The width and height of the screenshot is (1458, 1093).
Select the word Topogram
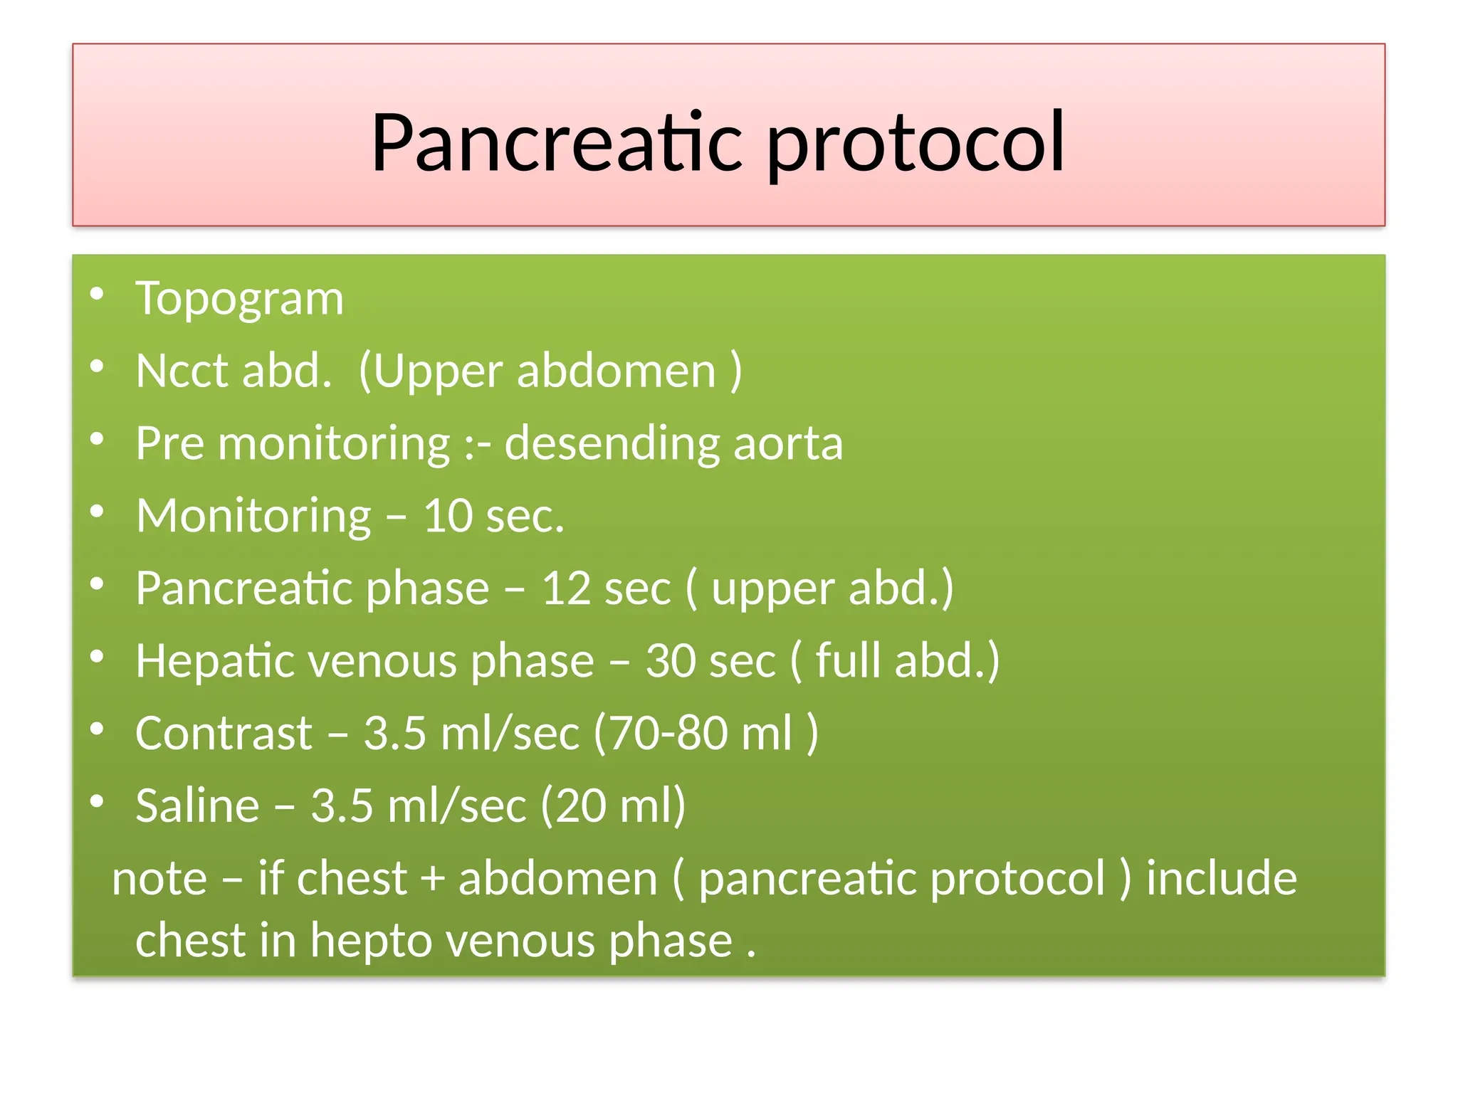coord(239,299)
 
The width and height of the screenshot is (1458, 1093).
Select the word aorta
coord(788,444)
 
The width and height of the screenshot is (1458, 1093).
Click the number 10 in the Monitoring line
coord(447,516)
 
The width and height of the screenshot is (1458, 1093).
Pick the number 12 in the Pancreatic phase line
coord(566,589)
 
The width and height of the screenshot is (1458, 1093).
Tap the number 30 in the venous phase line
coord(671,661)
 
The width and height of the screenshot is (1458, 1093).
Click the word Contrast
coord(224,734)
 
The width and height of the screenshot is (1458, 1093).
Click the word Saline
coord(197,806)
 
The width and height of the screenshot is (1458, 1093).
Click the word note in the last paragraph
coord(159,879)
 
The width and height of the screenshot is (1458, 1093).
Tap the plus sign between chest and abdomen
coord(432,879)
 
